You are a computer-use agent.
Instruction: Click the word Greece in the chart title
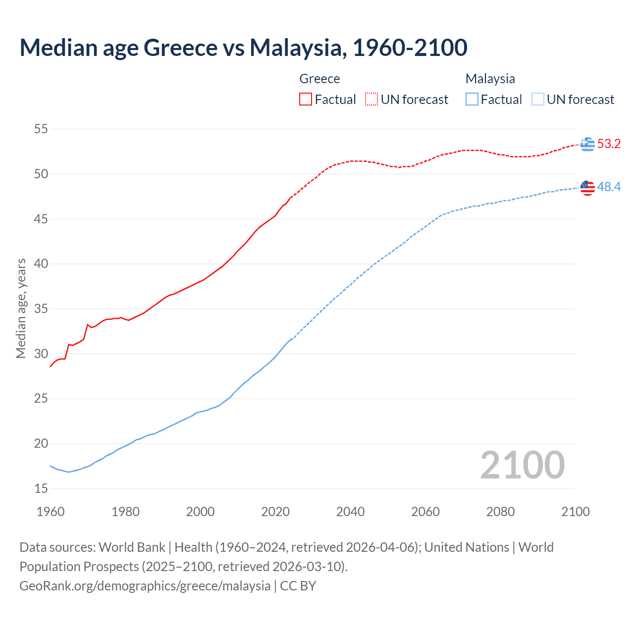tap(180, 48)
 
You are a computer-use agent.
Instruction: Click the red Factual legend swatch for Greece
tap(306, 99)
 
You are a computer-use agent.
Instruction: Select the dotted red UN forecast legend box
tap(371, 99)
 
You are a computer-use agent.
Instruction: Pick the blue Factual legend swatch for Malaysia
tap(472, 99)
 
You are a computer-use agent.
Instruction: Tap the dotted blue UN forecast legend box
tap(538, 99)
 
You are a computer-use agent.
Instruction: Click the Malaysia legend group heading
tap(490, 79)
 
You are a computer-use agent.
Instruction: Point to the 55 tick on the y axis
tap(41, 129)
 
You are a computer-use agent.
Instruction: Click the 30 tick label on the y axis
tap(41, 354)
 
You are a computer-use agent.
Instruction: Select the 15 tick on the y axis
tap(41, 488)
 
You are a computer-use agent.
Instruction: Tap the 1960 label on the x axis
tap(51, 512)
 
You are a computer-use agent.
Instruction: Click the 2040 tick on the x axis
tap(350, 512)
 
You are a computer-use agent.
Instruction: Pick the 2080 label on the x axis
tap(500, 512)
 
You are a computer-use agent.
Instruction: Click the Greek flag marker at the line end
tap(587, 144)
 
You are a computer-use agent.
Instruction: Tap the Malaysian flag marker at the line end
tap(587, 188)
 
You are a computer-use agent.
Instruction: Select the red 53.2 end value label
tap(609, 144)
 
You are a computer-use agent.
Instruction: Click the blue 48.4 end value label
tap(609, 187)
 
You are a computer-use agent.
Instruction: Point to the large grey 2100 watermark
tap(522, 465)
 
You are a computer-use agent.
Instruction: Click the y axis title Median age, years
tap(21, 308)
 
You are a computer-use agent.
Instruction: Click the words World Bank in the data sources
tap(132, 547)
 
